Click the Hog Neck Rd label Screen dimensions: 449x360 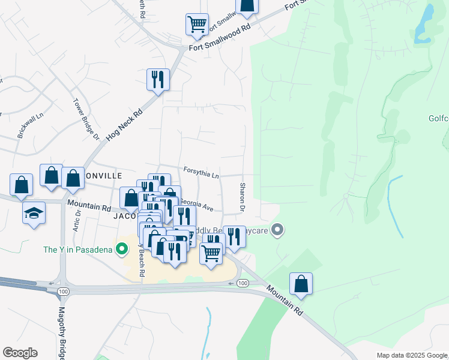(125, 124)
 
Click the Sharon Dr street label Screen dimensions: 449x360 (243, 197)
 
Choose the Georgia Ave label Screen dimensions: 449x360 (196, 206)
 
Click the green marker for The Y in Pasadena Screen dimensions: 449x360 (123, 248)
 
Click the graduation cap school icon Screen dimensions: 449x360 (34, 213)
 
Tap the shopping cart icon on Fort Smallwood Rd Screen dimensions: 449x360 (197, 25)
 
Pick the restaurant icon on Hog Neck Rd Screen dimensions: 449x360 (158, 79)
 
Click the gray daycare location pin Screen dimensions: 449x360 (277, 229)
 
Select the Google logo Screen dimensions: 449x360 (20, 353)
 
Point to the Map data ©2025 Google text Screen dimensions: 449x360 (411, 355)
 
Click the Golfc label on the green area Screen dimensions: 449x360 (439, 119)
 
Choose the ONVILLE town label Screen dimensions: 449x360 (105, 176)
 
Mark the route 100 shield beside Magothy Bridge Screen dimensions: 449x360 (62, 291)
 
